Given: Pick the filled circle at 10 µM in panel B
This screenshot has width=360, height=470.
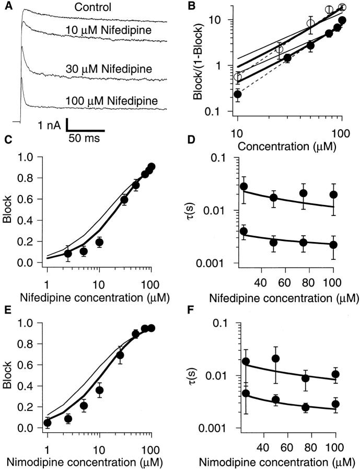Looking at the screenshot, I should tap(238, 95).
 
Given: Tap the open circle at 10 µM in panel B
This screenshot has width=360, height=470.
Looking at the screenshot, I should tap(238, 77).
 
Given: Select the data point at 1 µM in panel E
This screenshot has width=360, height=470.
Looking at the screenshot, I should tap(47, 422).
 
